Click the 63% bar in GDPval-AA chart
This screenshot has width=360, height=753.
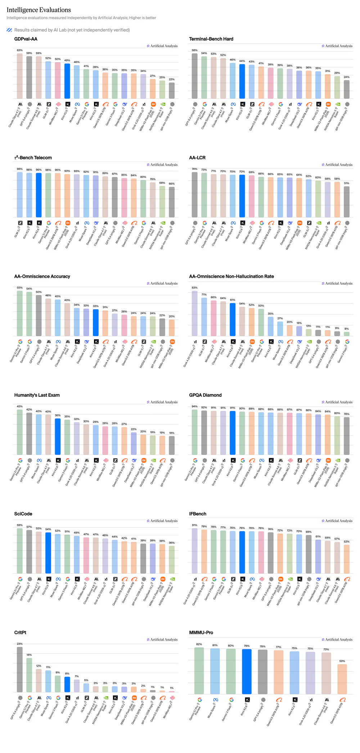pyautogui.click(x=20, y=76)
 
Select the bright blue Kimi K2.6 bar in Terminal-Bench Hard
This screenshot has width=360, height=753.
pyautogui.click(x=242, y=81)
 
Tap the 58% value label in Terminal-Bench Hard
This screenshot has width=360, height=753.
pyautogui.click(x=194, y=50)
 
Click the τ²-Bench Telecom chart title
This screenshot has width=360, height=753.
pyautogui.click(x=33, y=158)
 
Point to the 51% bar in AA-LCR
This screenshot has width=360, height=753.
pyautogui.click(x=346, y=202)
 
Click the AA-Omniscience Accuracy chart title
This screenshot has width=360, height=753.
pyautogui.click(x=42, y=276)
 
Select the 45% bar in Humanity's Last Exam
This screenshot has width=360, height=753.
pyautogui.click(x=20, y=432)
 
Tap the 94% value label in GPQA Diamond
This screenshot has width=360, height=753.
pyautogui.click(x=194, y=406)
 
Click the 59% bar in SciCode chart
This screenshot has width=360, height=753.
pyautogui.click(x=20, y=551)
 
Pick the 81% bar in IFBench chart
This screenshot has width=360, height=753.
pyautogui.click(x=194, y=551)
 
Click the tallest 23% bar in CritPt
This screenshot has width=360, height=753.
pyautogui.click(x=20, y=669)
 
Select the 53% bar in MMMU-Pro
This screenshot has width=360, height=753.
pyautogui.click(x=342, y=679)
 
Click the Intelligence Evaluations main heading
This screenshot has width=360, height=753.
pyautogui.click(x=39, y=10)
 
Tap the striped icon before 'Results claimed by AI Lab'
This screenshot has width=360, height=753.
pyautogui.click(x=9, y=30)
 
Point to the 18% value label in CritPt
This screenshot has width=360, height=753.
pyautogui.click(x=29, y=655)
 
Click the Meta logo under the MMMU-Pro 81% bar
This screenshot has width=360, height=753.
pyautogui.click(x=215, y=700)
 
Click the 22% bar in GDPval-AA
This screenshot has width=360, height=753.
pyautogui.click(x=172, y=91)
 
